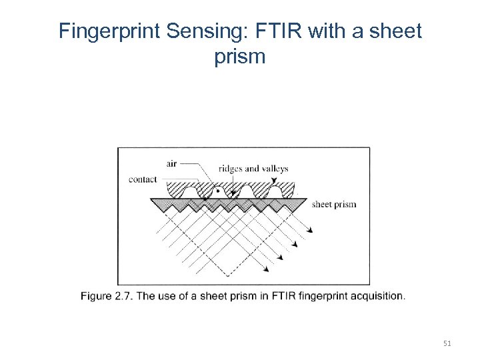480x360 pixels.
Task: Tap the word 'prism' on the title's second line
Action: click(240, 57)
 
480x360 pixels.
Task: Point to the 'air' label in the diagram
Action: click(171, 164)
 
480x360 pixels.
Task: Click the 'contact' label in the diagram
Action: click(143, 179)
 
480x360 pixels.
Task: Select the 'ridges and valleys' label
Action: click(253, 169)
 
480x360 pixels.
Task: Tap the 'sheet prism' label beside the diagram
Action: click(334, 205)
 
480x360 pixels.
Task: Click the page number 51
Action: click(447, 343)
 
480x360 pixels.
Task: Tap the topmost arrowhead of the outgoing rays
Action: click(310, 231)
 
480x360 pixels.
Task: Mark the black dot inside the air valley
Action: click(218, 191)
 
